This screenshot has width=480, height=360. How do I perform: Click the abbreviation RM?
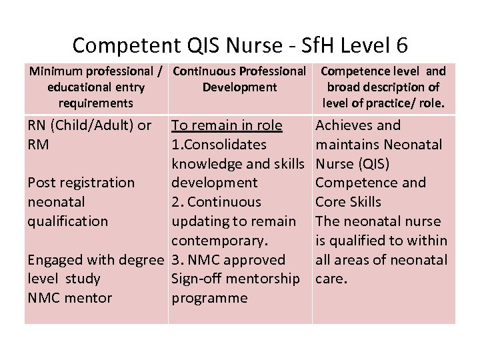point(39,145)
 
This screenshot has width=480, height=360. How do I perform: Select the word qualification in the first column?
point(67,221)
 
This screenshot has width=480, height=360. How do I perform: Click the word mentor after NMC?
point(89,298)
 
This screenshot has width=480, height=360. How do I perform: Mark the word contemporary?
point(219,241)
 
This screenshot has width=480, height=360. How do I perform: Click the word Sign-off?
point(198,279)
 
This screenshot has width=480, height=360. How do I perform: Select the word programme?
point(209,298)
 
